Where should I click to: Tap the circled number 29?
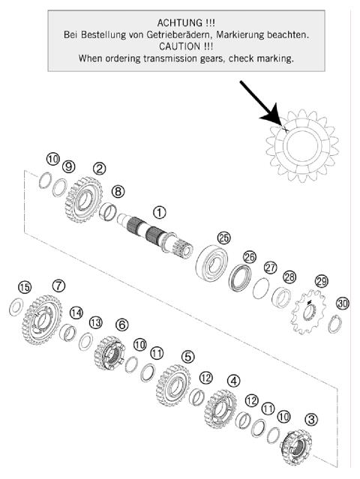pos(322,280)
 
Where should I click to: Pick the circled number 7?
pos(58,286)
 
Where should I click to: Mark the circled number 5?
pos(187,355)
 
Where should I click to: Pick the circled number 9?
pos(68,166)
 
